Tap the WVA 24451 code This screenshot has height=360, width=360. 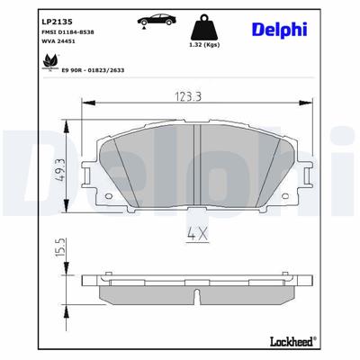[35, 40]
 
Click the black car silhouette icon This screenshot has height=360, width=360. [148, 20]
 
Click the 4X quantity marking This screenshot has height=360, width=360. [198, 236]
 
